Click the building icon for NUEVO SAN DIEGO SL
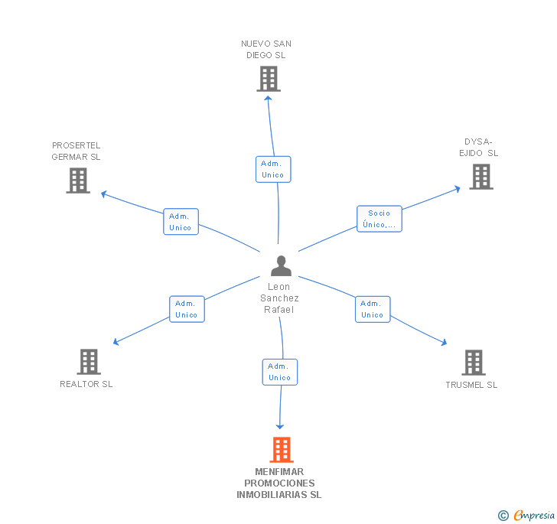tap(269, 79)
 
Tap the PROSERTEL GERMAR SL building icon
tap(78, 181)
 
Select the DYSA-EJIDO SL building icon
tap(480, 177)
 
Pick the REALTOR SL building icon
tap(89, 362)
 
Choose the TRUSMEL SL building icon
tap(474, 363)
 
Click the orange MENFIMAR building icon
tap(282, 450)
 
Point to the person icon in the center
tap(281, 265)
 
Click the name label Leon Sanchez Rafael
tap(279, 298)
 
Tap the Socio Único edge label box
tap(379, 219)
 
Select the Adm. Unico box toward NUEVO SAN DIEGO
tap(272, 169)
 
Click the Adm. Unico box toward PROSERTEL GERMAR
tap(181, 222)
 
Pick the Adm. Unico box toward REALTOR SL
tap(187, 309)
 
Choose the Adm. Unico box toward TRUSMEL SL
tap(373, 309)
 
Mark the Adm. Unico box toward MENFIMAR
tap(279, 372)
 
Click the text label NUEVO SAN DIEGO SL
tap(266, 50)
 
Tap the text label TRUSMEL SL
tap(471, 385)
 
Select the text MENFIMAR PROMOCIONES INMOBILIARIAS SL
tap(279, 483)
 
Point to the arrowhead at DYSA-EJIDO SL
tap(457, 187)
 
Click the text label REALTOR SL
tap(86, 384)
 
